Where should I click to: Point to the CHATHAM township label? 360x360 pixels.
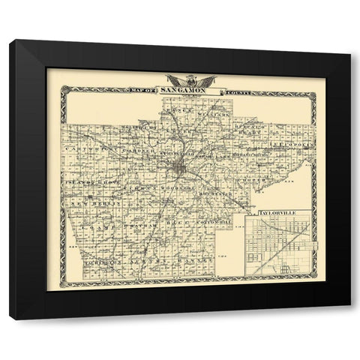point(144,223)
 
